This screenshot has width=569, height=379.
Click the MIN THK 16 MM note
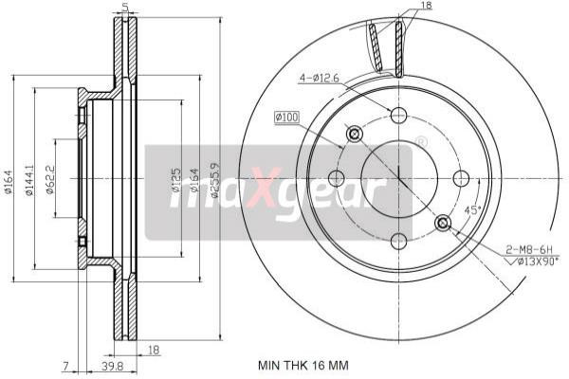(x=303, y=363)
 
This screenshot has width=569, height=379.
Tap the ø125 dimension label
(x=175, y=180)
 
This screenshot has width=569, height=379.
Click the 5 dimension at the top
(x=126, y=7)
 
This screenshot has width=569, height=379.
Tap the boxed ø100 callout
(x=286, y=117)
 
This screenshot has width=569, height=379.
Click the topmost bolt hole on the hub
(x=398, y=116)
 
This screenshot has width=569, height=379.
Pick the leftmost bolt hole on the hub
(x=336, y=178)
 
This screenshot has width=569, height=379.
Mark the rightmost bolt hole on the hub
(x=461, y=178)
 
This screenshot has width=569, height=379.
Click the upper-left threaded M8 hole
(x=355, y=134)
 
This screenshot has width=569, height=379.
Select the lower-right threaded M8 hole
(x=442, y=223)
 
